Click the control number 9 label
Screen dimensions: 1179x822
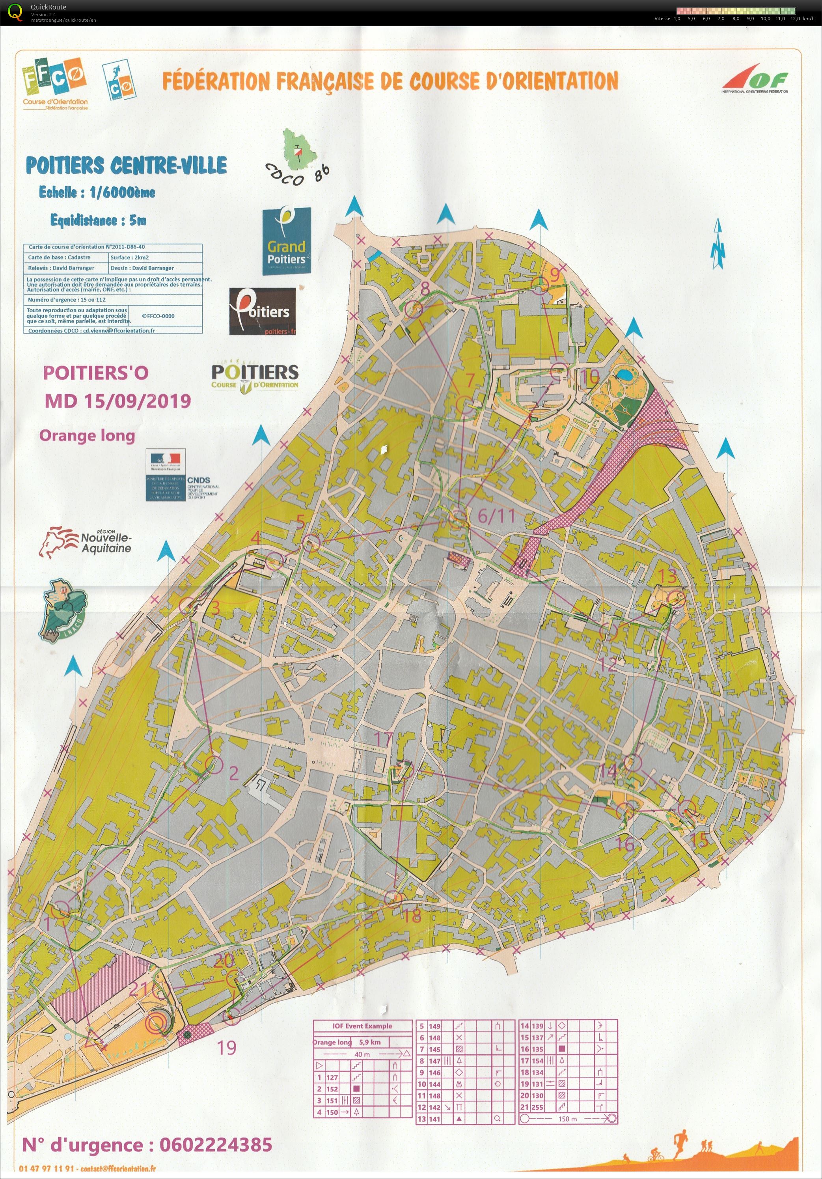(x=554, y=275)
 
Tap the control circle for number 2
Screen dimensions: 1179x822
(x=214, y=765)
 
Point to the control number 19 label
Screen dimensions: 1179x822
(x=226, y=1048)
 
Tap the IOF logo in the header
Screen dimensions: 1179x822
(x=755, y=80)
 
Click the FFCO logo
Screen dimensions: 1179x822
(x=54, y=82)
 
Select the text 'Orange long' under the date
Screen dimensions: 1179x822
(x=87, y=435)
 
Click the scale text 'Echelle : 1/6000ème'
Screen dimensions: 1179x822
(x=97, y=192)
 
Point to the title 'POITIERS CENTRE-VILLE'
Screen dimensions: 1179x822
(x=126, y=165)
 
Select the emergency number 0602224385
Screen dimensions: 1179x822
(x=216, y=1145)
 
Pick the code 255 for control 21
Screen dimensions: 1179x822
(x=537, y=1106)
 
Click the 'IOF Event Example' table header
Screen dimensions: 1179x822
(x=362, y=1026)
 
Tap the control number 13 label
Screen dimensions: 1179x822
(x=667, y=576)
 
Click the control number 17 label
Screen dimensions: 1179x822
(x=383, y=739)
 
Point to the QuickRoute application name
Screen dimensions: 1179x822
(x=48, y=7)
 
